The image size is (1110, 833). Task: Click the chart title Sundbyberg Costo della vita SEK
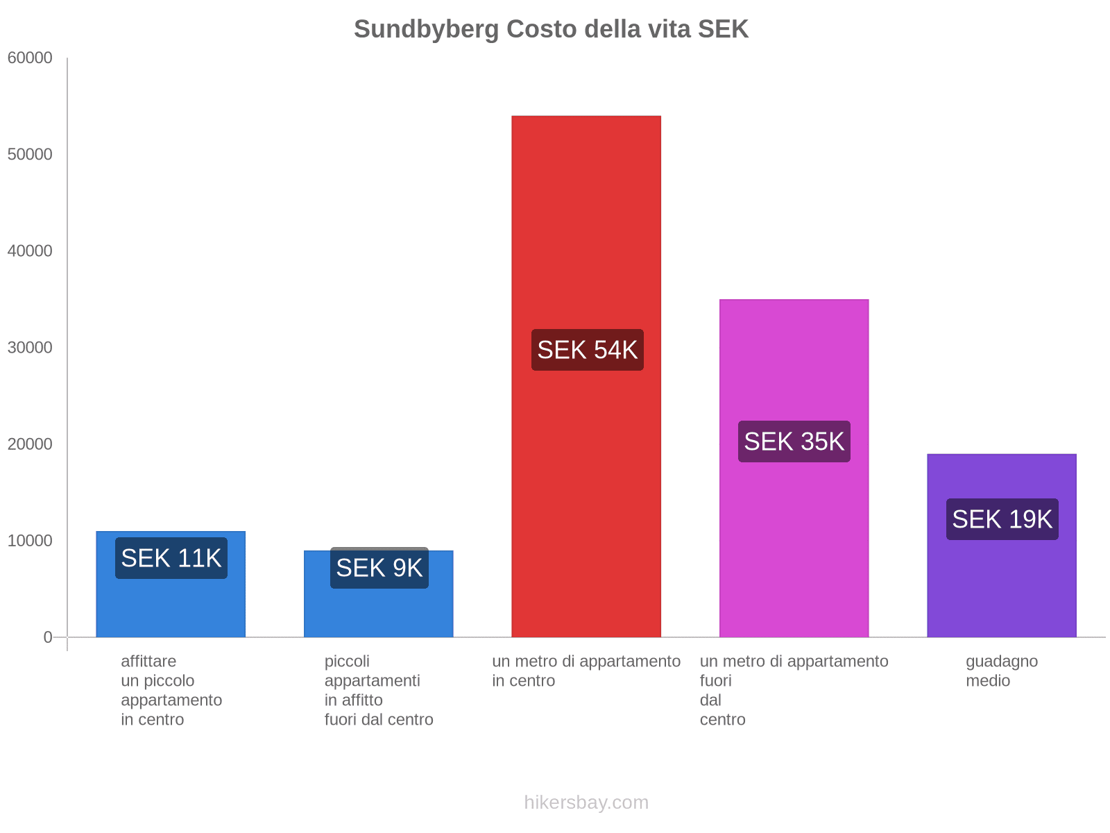point(551,29)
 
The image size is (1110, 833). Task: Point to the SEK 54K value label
point(587,350)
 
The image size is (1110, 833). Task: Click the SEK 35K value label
point(794,441)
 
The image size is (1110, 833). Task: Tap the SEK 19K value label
point(1002,519)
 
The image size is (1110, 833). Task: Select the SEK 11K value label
point(171,558)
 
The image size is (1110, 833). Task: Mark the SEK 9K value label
point(379,568)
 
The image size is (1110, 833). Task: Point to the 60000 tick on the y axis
point(30,58)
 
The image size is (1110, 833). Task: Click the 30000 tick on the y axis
point(30,348)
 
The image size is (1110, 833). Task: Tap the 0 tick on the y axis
point(48,637)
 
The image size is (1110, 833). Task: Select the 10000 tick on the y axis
point(30,541)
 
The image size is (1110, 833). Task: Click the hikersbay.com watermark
point(586,802)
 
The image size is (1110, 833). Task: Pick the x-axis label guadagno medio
point(1001,671)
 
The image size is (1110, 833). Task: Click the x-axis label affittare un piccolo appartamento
point(171,690)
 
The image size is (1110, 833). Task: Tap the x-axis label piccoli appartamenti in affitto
point(378,690)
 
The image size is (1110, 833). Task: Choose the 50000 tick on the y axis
point(30,155)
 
